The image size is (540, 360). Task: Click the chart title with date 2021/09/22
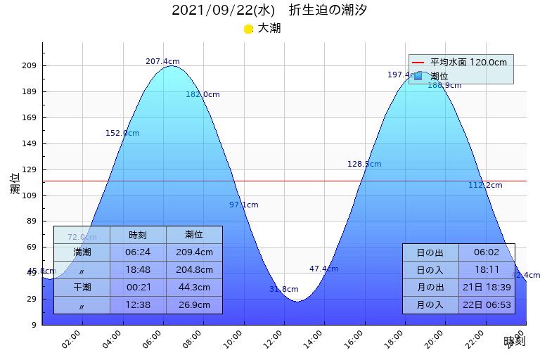269,11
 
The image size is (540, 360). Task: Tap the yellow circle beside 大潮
248,29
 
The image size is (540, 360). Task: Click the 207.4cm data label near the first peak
162,61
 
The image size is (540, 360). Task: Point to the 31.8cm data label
284,289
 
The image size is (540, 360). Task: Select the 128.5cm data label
364,164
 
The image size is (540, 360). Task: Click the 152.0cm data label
122,133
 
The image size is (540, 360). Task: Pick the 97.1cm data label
244,205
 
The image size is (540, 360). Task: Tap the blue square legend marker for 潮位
418,76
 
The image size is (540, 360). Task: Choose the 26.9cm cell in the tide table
194,304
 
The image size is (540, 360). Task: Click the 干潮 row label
82,287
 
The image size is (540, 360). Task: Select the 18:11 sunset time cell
486,270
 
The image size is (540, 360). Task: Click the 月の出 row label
430,287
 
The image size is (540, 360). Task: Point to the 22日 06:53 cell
486,304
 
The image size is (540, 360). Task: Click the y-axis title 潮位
15,184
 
